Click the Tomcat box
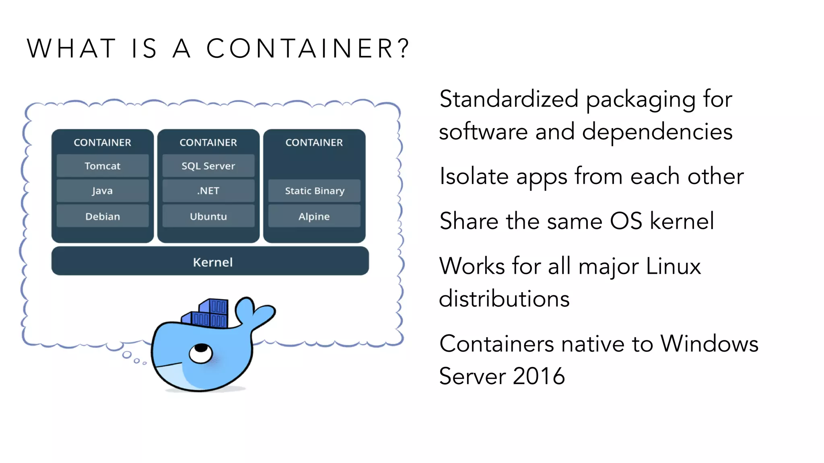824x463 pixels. click(103, 166)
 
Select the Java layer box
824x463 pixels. click(103, 191)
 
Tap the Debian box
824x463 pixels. click(103, 216)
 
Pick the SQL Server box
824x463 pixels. click(208, 166)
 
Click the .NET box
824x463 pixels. click(208, 191)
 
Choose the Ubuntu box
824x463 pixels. click(208, 216)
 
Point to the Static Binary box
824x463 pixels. click(315, 191)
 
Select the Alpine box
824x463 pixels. click(315, 216)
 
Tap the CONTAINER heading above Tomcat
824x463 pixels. click(103, 142)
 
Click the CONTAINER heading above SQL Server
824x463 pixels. click(208, 142)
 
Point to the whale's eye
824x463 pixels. click(201, 352)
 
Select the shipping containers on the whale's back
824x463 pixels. click(209, 313)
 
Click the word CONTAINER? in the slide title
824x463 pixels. click(308, 48)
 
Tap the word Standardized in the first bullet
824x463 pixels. click(509, 99)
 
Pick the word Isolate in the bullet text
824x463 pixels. click(474, 176)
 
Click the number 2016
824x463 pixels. click(539, 376)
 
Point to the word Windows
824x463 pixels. click(709, 344)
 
